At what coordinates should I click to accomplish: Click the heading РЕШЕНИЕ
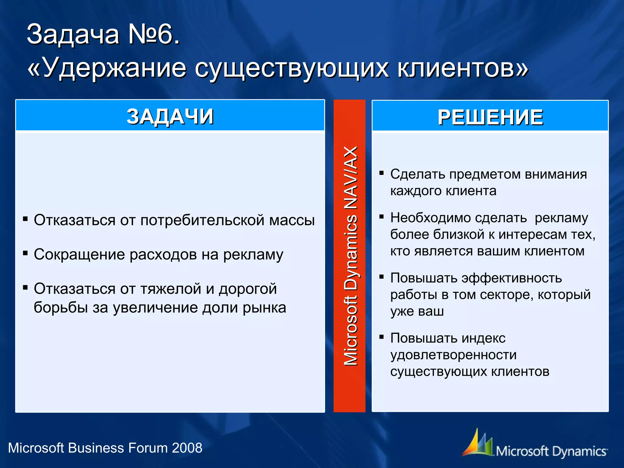tap(490, 117)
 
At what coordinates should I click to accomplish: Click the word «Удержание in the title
tap(107, 68)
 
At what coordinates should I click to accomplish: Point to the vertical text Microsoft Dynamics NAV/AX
tap(350, 256)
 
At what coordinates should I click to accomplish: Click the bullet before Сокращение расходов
tap(26, 253)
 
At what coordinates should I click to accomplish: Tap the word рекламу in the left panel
tap(253, 255)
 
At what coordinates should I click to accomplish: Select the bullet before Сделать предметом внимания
tap(381, 173)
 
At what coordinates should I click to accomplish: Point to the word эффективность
tap(512, 278)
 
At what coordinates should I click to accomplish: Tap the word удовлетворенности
tap(453, 355)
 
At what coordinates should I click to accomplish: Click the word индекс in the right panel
tap(483, 338)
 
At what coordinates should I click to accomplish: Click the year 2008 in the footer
tap(187, 448)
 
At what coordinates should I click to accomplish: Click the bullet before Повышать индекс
tap(381, 337)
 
